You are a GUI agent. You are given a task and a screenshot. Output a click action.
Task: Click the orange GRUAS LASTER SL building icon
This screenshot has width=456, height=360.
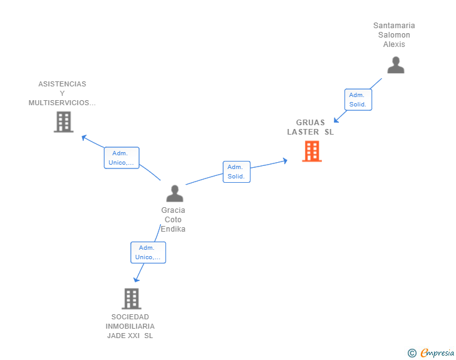point(311,151)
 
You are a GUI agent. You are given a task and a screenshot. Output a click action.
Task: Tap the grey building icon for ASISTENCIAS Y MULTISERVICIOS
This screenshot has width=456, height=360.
point(63,121)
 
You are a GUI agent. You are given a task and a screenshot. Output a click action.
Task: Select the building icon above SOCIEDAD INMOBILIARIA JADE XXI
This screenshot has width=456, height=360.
point(131,299)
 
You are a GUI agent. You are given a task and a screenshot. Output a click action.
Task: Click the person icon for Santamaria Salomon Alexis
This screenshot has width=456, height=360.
point(395,65)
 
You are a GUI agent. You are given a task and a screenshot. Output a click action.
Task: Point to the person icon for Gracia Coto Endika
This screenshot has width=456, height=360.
point(175,193)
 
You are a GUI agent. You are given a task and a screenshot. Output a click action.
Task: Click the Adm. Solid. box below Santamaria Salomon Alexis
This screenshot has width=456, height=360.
point(358,100)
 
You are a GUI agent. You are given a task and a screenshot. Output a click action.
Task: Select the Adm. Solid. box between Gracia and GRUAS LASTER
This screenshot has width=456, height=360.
point(236,172)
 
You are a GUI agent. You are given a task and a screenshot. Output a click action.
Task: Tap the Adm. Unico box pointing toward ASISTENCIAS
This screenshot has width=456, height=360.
point(121,158)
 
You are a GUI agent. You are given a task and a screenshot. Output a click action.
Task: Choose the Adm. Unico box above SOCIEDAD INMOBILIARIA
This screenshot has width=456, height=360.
point(148,252)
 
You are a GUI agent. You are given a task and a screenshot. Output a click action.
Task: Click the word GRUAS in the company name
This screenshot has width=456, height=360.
point(311,123)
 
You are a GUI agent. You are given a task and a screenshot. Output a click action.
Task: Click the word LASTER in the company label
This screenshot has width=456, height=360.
point(303,132)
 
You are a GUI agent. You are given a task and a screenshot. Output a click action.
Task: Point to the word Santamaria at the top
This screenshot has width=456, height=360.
point(394,26)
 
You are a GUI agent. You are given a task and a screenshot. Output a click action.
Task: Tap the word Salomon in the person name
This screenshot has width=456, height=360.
point(394,35)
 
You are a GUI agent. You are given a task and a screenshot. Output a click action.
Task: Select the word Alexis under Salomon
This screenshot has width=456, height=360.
point(394,44)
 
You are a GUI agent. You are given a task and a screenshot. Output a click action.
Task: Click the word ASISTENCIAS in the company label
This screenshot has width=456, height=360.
point(62,84)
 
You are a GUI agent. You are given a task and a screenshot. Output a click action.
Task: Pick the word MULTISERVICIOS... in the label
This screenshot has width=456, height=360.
point(62,103)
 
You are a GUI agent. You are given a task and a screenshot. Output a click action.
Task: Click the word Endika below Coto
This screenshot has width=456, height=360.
point(173,229)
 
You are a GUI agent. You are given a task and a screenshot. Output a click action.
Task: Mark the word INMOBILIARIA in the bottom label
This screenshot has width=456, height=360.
point(130,326)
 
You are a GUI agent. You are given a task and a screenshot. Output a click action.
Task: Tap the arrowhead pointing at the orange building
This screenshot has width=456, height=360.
point(284,160)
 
